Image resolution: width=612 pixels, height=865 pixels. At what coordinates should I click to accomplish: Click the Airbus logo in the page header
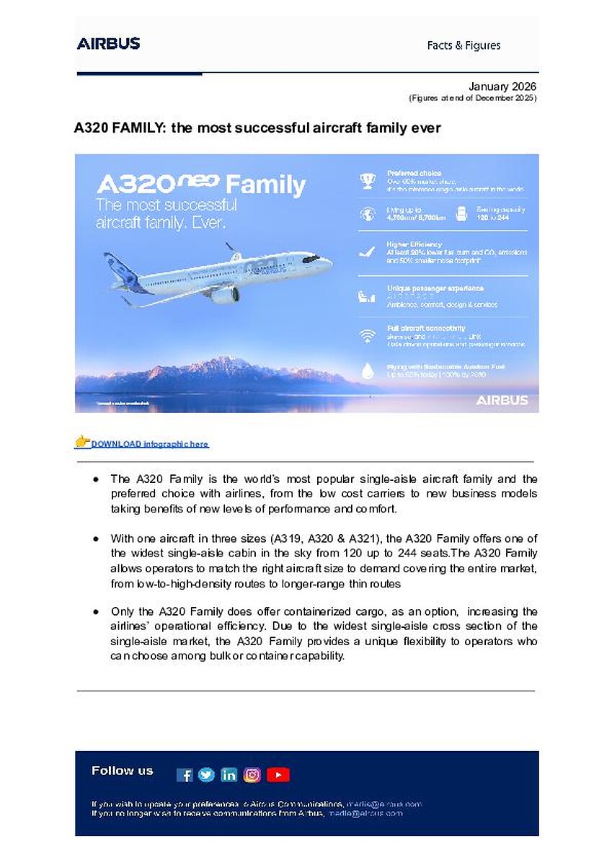coord(108,43)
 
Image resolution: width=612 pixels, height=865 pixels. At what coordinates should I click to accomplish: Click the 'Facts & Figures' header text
coord(464,45)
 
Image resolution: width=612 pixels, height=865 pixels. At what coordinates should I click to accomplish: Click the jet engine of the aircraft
coord(225,295)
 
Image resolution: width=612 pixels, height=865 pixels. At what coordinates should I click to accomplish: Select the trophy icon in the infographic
coord(368,181)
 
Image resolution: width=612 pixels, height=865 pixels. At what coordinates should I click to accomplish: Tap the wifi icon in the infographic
coord(368,336)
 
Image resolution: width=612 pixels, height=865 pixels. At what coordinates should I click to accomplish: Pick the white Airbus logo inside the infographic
coord(502,400)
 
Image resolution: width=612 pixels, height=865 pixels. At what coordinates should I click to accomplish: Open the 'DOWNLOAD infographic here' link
coord(149,444)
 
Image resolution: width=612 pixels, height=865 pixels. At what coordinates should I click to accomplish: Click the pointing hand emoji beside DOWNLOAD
coord(82,441)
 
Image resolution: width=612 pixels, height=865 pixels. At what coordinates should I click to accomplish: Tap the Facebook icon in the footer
coord(185,775)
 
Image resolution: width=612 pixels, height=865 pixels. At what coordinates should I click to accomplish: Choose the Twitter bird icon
coord(206,775)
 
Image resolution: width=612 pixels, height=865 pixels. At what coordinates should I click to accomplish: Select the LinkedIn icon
coord(229,775)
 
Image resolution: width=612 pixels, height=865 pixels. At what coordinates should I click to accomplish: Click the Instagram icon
coord(252,775)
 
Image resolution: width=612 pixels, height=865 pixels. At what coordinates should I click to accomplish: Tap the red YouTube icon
coord(278,775)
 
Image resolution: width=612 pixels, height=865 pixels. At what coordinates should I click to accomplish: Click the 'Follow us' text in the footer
coord(123,771)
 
